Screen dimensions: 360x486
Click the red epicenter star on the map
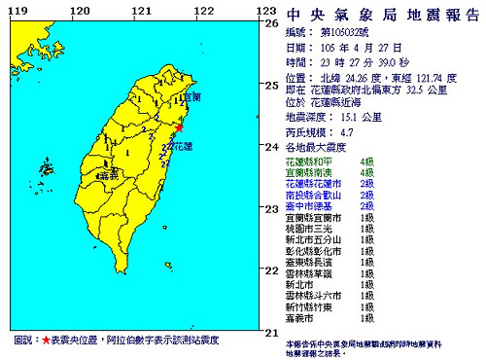pyautogui.click(x=179, y=127)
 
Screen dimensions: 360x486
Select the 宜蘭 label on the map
pyautogui.click(x=191, y=97)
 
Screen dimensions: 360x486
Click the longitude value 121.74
pyautogui.click(x=417, y=74)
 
